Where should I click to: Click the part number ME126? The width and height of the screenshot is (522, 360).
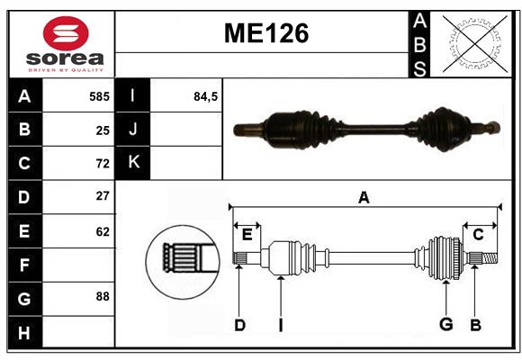click(x=265, y=34)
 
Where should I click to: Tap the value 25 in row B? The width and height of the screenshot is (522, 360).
click(x=102, y=130)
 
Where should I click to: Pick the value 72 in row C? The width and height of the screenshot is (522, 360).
click(x=102, y=163)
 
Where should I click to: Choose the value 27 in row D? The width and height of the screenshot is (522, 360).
click(x=102, y=196)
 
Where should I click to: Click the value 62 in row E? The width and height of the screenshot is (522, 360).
click(x=102, y=230)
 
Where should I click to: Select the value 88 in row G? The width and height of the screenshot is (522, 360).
click(x=102, y=296)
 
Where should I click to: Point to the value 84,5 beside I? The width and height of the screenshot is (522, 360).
click(x=206, y=96)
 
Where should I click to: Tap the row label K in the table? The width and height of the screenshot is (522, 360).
click(x=133, y=163)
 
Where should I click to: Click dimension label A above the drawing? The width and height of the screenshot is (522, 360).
click(x=364, y=197)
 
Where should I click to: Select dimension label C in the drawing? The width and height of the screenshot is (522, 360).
click(x=478, y=234)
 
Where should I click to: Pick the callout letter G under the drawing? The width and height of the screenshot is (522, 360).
click(x=445, y=325)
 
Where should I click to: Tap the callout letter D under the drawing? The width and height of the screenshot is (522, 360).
click(x=239, y=325)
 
